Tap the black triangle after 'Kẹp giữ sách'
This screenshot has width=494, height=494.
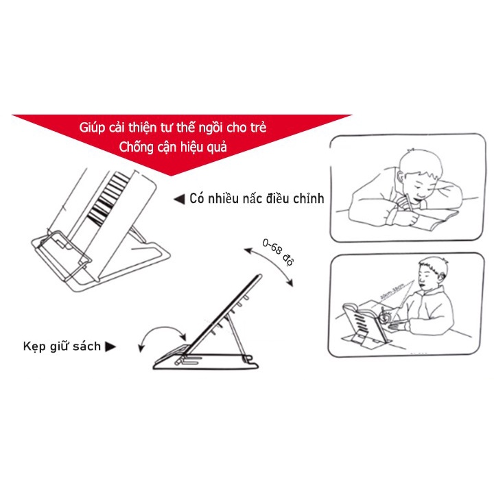(x=110, y=347)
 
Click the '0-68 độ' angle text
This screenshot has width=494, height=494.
(x=278, y=251)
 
